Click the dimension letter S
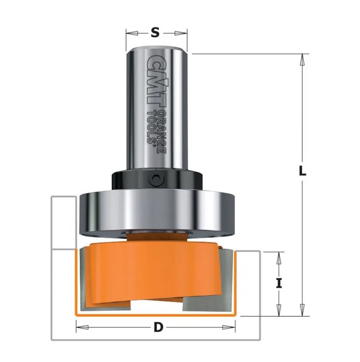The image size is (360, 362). click(x=155, y=32)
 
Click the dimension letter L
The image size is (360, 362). click(x=302, y=171)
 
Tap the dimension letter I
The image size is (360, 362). click(x=279, y=283)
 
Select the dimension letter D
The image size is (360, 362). click(x=159, y=327)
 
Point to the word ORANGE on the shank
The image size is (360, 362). click(x=161, y=131)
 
